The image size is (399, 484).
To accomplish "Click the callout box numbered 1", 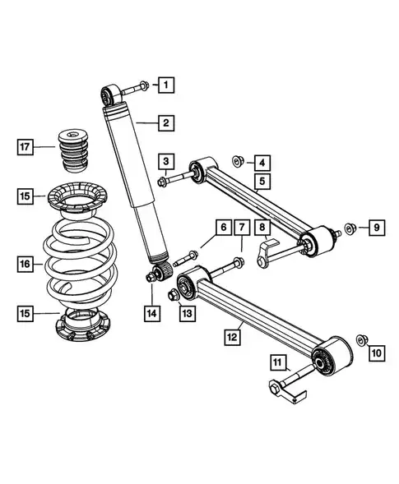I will [x=166, y=84].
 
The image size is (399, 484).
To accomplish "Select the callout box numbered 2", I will [x=166, y=124].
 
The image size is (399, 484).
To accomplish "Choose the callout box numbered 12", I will [x=234, y=336].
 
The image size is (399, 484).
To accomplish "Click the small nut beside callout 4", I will [x=236, y=159].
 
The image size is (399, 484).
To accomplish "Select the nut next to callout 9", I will [x=350, y=228].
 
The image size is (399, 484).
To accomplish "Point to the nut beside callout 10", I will [x=362, y=339].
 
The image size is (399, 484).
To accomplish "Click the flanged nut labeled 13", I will [x=174, y=293].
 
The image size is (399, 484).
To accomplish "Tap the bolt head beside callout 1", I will [x=142, y=85].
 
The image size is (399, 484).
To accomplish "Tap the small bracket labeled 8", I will [x=267, y=250].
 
